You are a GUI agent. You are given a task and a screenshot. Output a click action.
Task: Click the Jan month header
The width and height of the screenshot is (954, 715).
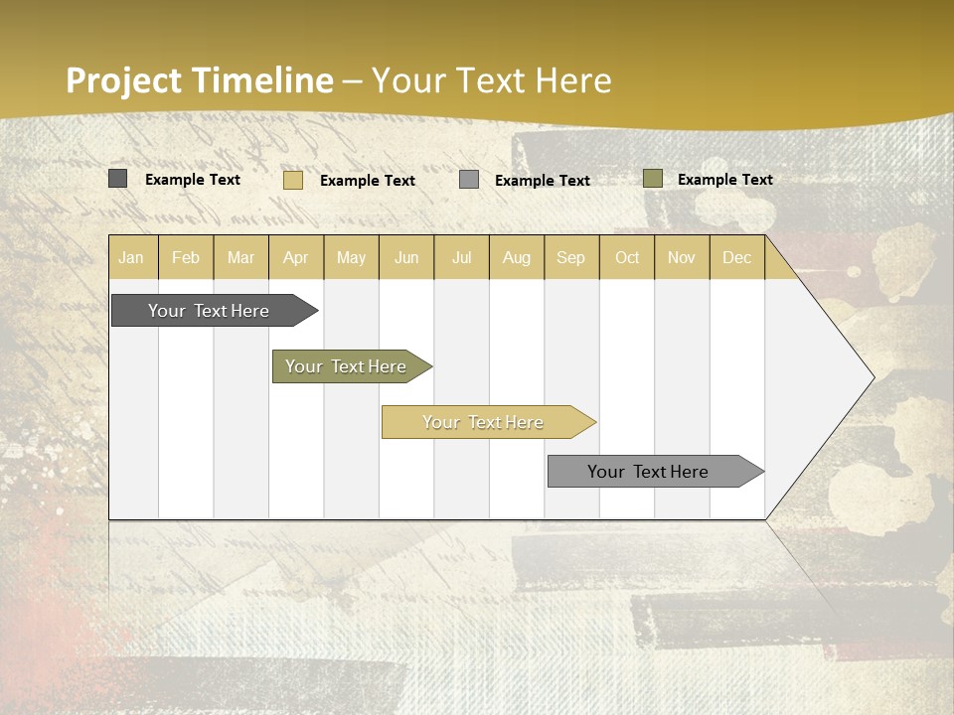click(x=131, y=257)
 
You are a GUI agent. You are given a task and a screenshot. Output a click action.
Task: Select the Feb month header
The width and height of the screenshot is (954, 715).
click(x=186, y=257)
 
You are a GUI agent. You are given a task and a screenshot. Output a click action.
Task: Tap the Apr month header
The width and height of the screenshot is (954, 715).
click(x=296, y=257)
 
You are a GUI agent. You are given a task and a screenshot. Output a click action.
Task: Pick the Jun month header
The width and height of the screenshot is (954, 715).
click(x=406, y=257)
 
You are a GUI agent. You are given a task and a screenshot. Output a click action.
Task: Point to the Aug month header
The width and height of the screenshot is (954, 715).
click(x=517, y=257)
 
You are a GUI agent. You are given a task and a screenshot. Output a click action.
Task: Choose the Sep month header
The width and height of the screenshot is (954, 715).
click(x=571, y=257)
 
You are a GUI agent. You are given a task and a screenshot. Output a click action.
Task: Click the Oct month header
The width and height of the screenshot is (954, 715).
click(x=627, y=257)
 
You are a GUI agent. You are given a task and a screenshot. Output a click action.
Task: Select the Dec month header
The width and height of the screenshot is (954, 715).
click(x=737, y=257)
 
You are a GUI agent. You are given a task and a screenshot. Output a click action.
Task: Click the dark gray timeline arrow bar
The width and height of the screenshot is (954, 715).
click(x=210, y=311)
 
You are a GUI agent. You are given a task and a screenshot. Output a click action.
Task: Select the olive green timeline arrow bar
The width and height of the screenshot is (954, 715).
click(x=347, y=366)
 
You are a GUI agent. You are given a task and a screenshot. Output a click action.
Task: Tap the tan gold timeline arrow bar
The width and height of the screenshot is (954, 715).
click(x=484, y=422)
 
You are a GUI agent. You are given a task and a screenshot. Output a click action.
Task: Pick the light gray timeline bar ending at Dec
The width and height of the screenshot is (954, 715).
click(x=649, y=472)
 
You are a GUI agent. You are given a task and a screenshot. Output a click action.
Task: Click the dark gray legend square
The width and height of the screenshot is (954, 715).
click(x=117, y=179)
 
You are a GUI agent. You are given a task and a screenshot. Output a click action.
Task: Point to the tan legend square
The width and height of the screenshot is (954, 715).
click(x=293, y=180)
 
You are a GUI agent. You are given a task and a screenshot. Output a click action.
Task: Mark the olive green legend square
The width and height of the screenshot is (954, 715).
click(x=652, y=179)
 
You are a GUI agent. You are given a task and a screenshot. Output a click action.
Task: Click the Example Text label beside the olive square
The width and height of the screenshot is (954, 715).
click(x=725, y=179)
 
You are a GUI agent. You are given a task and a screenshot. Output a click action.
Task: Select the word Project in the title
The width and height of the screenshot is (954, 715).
click(x=125, y=80)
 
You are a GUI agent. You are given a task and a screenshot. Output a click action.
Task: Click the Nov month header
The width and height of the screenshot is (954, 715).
click(x=682, y=257)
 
